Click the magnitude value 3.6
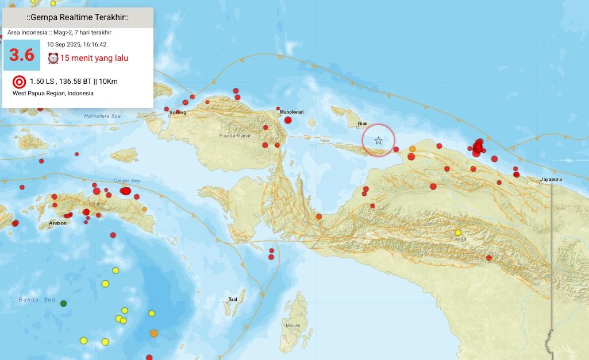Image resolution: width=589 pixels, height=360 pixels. (x=22, y=55)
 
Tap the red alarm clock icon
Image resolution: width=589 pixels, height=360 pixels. (x=53, y=58)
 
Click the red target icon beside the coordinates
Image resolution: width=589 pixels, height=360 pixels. (x=19, y=82)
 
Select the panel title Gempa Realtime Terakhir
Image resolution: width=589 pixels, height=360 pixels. (x=78, y=18)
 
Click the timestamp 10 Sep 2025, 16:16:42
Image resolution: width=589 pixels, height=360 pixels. (x=76, y=44)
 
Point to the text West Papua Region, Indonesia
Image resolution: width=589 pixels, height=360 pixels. (x=53, y=93)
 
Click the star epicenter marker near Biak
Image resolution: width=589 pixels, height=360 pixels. (x=378, y=141)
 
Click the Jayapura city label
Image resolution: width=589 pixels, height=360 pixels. (x=551, y=180)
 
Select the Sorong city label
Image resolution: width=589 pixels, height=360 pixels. (x=178, y=113)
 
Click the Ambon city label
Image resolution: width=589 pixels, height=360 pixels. (x=57, y=223)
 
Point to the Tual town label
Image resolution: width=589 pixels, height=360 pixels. (x=233, y=299)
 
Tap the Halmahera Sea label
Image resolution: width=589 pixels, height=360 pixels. (x=103, y=117)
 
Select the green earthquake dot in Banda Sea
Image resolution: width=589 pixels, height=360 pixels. (x=63, y=303)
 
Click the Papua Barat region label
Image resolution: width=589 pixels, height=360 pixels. (x=233, y=136)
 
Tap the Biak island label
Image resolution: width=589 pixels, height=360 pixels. (x=362, y=123)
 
